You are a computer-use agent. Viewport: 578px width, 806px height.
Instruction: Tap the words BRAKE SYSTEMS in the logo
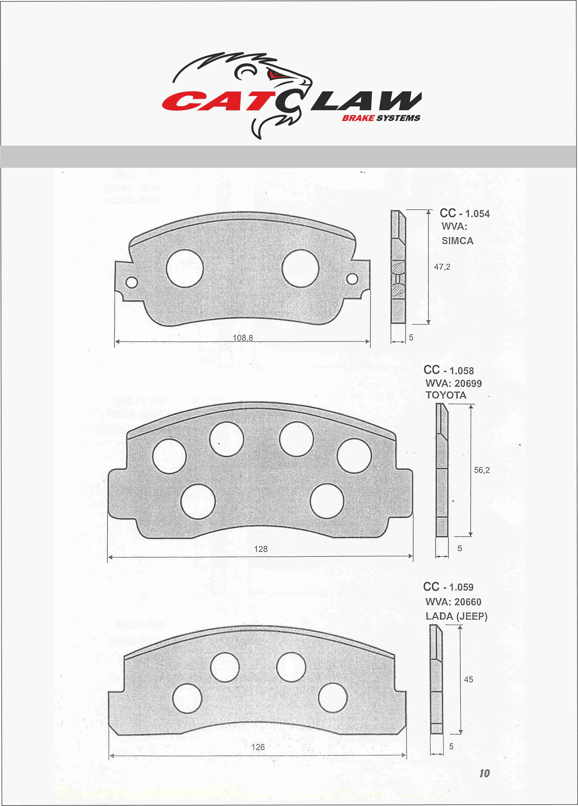381,118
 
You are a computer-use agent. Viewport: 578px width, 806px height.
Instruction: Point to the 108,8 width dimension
243,338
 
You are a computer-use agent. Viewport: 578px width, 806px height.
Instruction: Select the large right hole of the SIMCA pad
300,268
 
